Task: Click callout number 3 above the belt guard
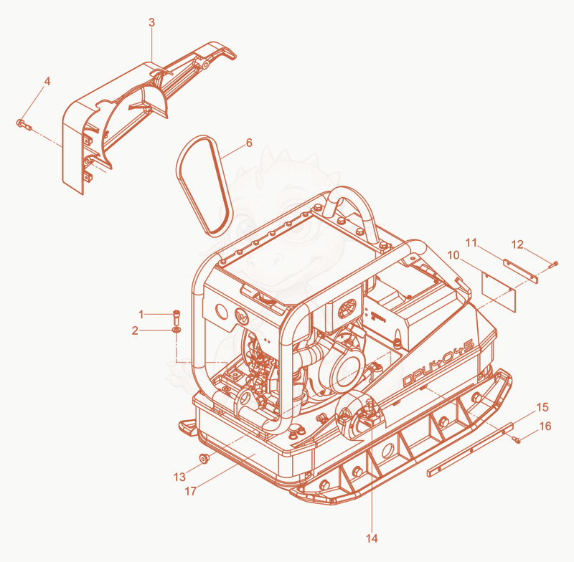click(151, 23)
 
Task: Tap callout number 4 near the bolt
click(47, 81)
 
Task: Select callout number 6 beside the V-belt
click(249, 143)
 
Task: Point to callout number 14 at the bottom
click(372, 538)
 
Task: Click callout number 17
click(190, 491)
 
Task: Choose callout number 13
click(179, 477)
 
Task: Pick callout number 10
click(453, 255)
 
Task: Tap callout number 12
click(517, 244)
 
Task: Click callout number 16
click(545, 426)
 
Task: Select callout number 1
click(141, 314)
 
